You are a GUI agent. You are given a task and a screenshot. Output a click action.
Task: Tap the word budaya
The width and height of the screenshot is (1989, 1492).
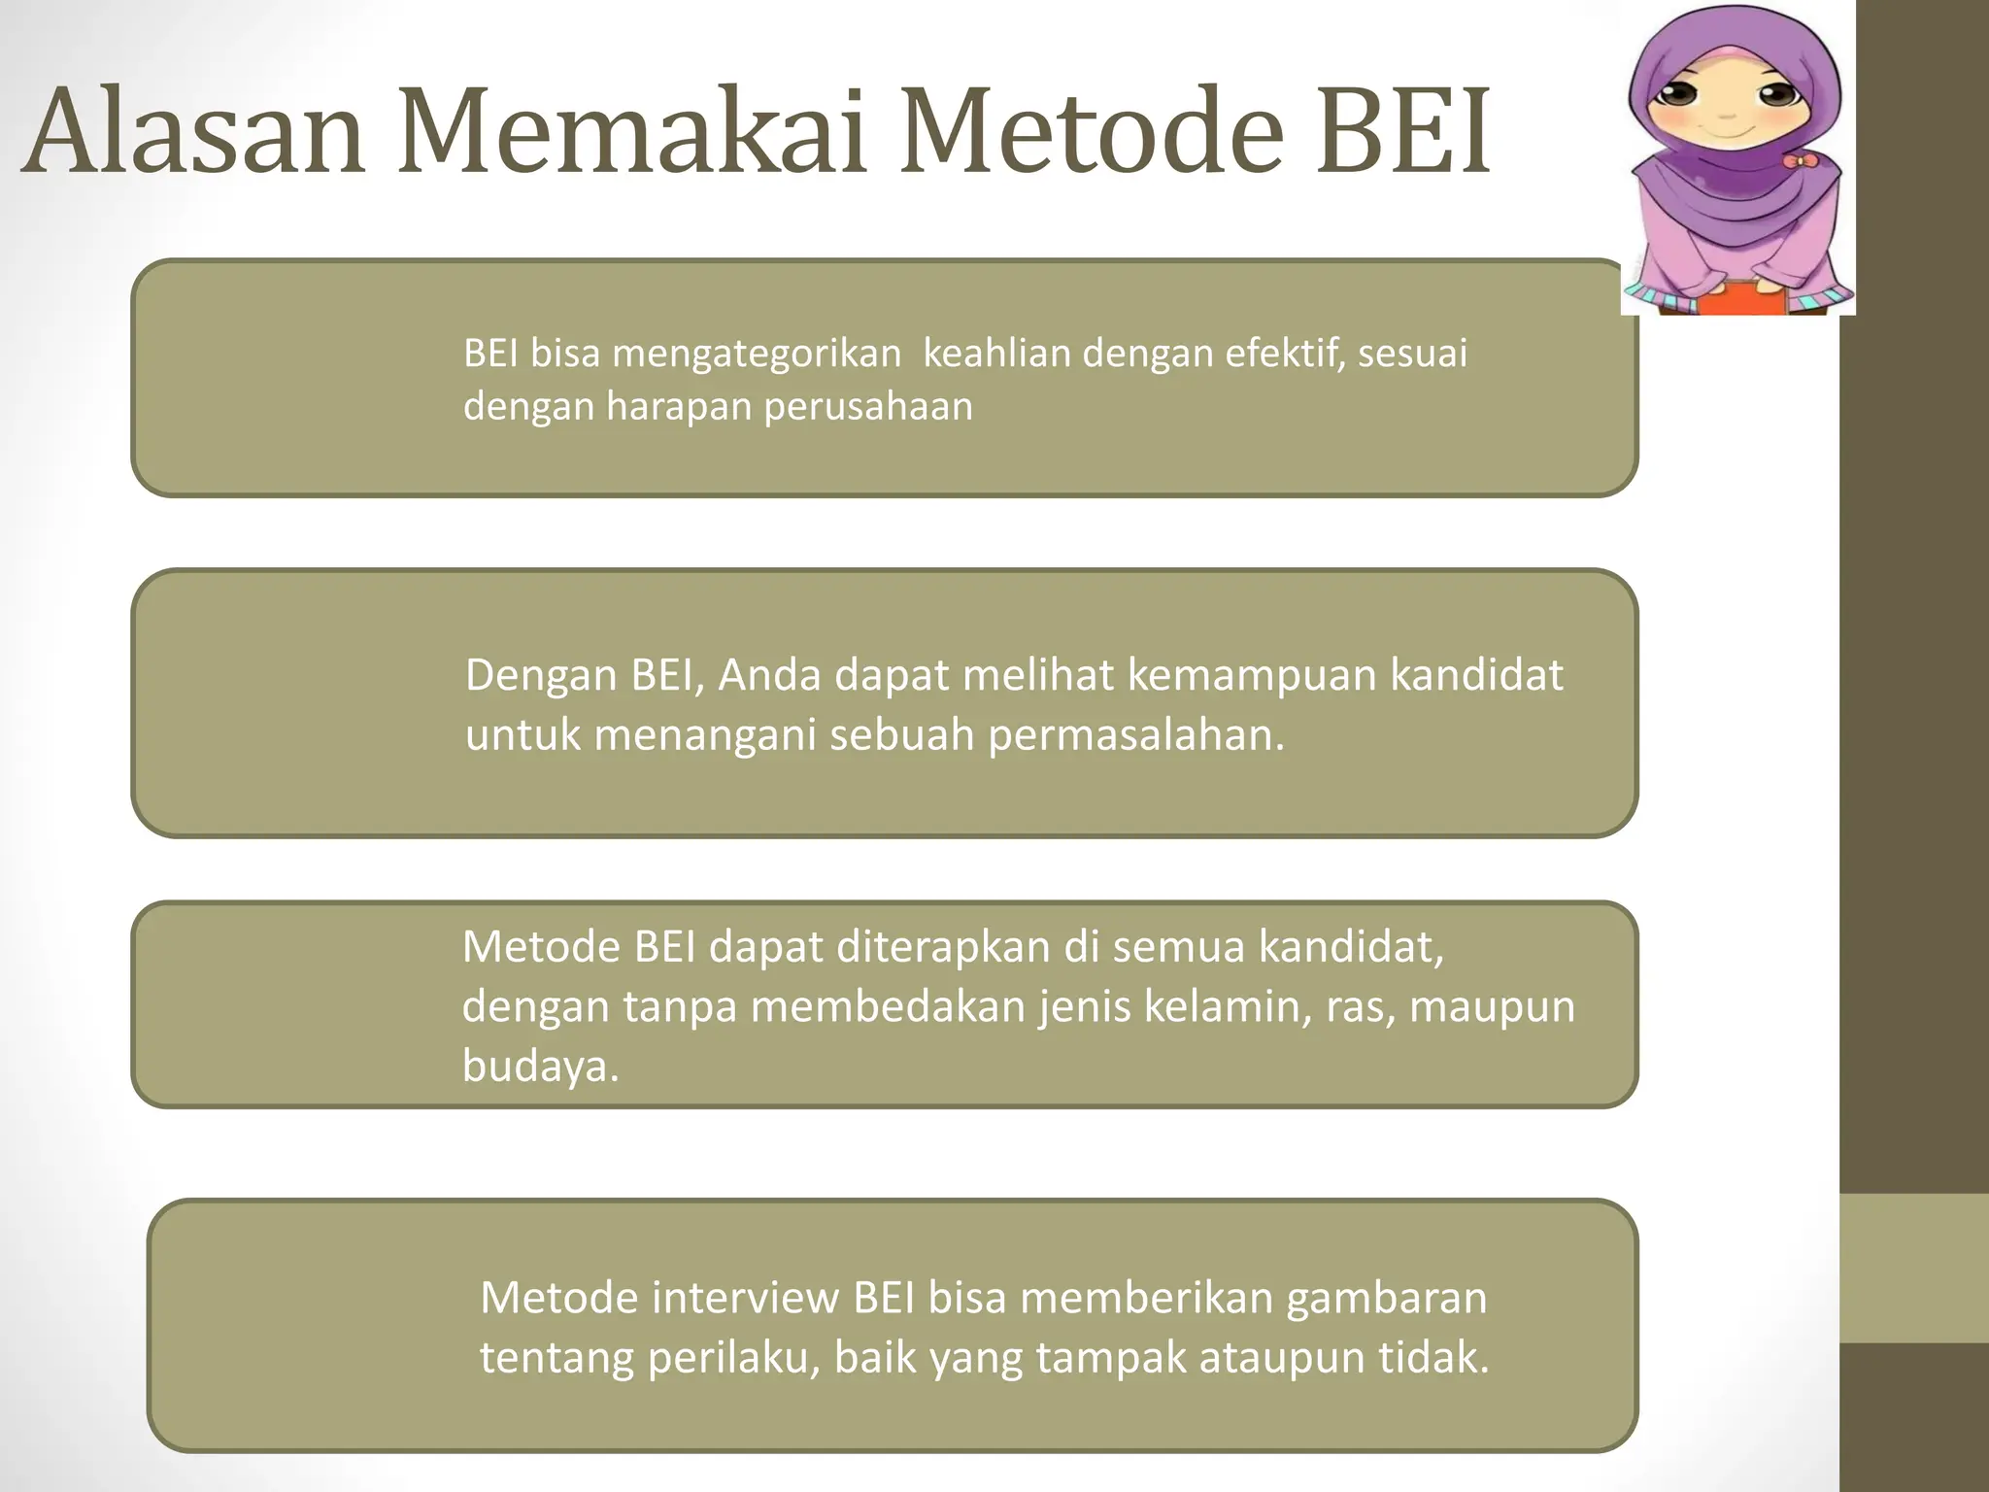click(x=539, y=1067)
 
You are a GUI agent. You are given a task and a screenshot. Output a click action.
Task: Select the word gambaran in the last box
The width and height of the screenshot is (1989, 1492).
click(x=1387, y=1298)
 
